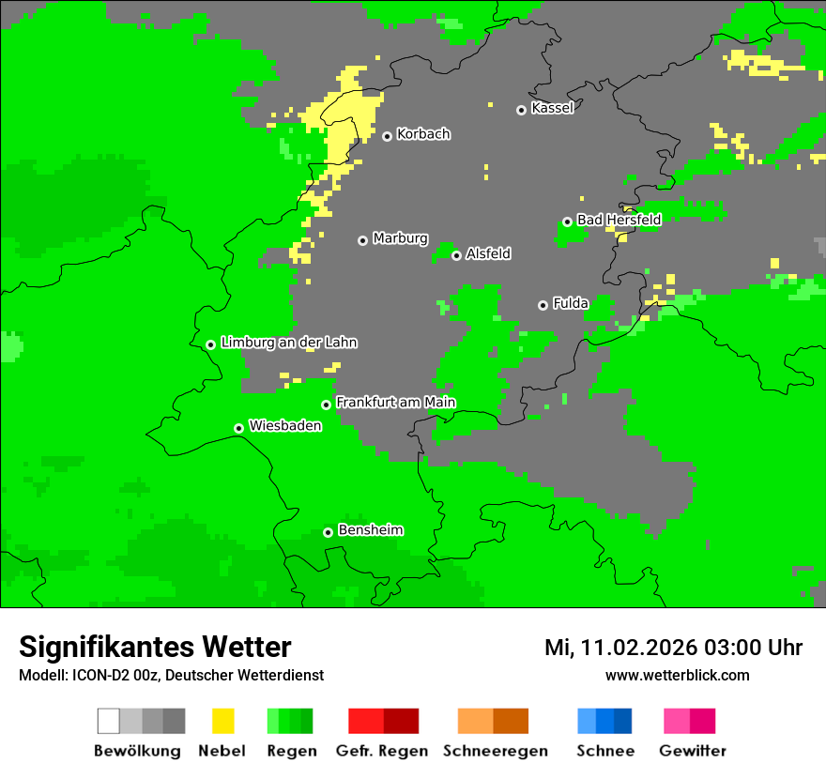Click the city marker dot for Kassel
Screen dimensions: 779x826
[x=521, y=110]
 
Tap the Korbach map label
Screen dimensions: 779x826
[x=423, y=134]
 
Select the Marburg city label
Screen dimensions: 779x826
[x=400, y=238]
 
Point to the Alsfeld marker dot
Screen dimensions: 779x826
[x=456, y=255]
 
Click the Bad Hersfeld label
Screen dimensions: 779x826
[x=619, y=220]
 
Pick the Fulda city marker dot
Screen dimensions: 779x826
[x=543, y=305]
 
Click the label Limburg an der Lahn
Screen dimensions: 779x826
[x=288, y=343]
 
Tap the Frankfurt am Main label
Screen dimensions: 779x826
[x=395, y=403]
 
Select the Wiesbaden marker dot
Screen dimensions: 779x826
[x=238, y=428]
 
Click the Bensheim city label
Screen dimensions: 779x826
[x=370, y=530]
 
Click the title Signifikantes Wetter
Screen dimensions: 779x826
[x=155, y=648]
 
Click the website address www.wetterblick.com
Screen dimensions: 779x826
[x=677, y=676]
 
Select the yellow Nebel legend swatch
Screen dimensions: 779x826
[x=222, y=721]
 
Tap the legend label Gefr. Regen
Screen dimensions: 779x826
[x=382, y=751]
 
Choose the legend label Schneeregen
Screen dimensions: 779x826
[x=496, y=751]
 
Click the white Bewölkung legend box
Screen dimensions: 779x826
[x=109, y=721]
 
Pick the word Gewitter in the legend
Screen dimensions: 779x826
[x=693, y=751]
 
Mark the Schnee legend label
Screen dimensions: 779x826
[x=605, y=751]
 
